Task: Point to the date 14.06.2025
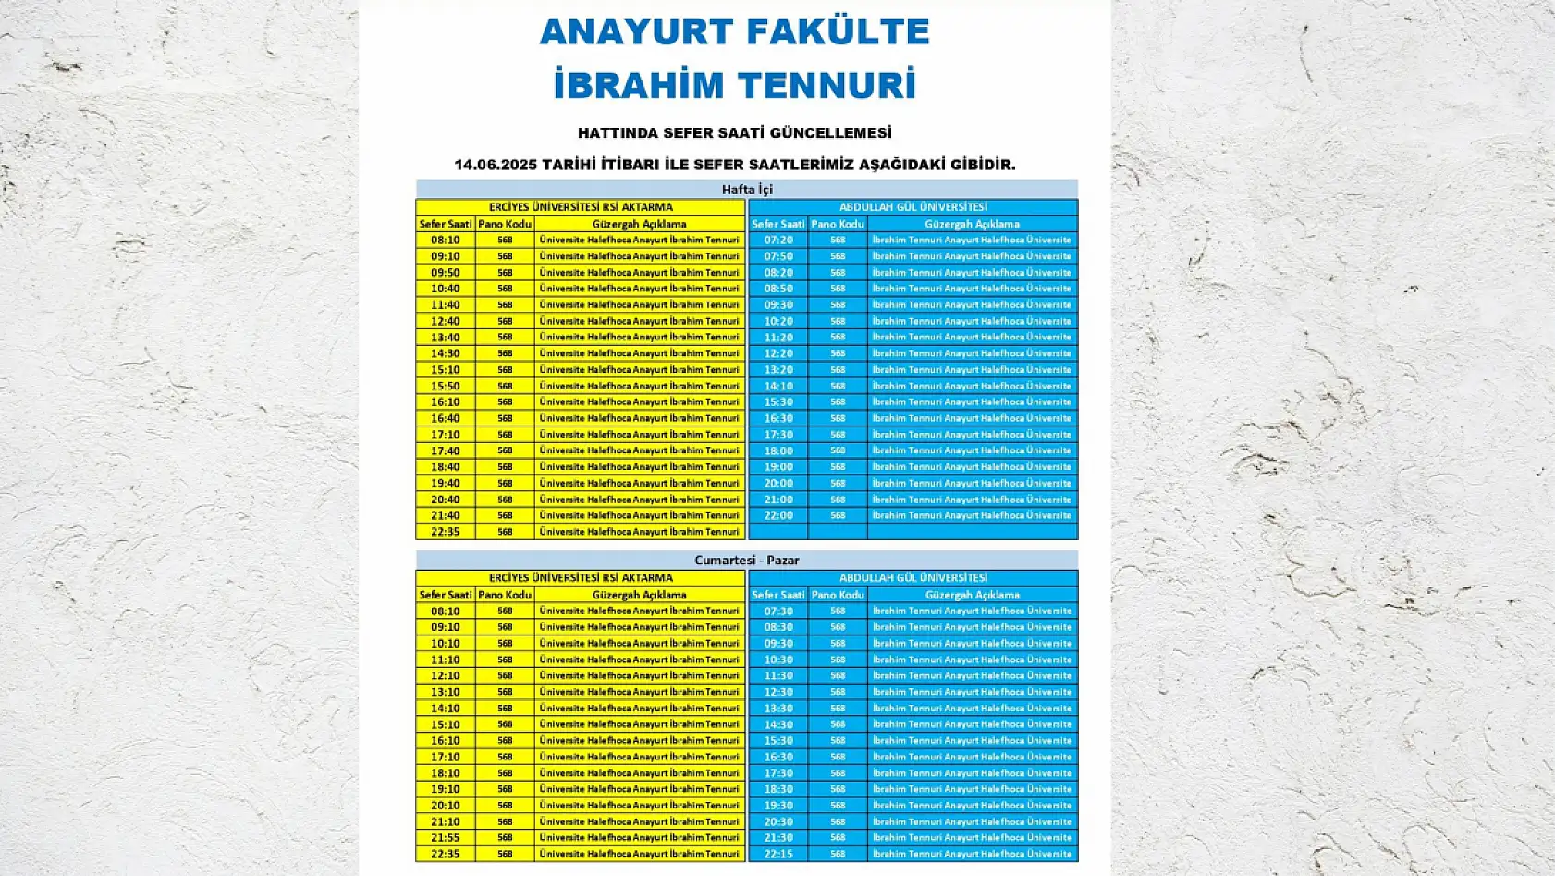click(495, 165)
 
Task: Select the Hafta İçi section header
click(746, 190)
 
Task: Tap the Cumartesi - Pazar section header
click(746, 560)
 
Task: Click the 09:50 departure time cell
click(445, 273)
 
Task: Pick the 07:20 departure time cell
click(777, 240)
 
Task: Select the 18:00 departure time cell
click(777, 450)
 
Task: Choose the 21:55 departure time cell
click(445, 837)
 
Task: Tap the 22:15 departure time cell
click(777, 854)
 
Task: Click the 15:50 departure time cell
click(445, 386)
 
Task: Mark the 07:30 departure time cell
click(777, 611)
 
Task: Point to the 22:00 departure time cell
click(777, 515)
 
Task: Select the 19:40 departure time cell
click(445, 483)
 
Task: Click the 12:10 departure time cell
click(445, 675)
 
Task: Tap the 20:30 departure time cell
click(777, 821)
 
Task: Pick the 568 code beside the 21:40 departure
click(505, 515)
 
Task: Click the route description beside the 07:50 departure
click(972, 256)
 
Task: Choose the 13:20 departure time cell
click(777, 369)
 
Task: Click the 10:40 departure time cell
click(445, 289)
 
